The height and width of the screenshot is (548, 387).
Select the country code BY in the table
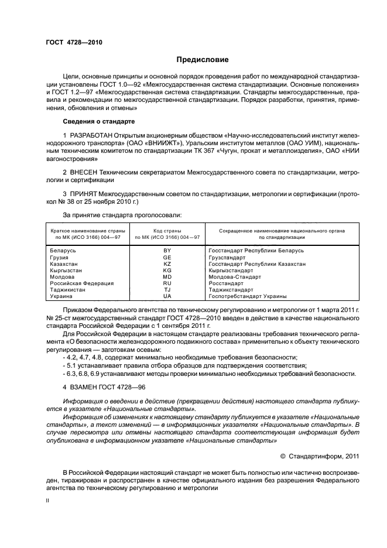[167, 251]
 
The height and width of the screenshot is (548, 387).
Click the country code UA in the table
[167, 297]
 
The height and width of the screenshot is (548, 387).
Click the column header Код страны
[167, 231]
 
